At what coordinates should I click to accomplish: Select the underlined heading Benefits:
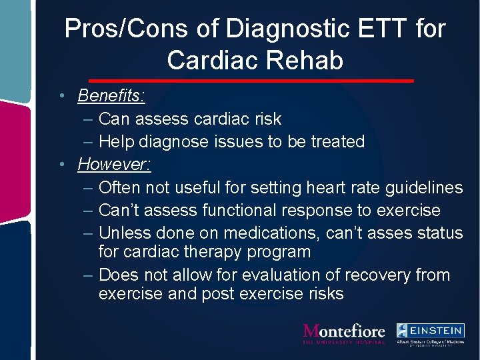coord(111,95)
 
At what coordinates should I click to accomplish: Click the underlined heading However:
coord(114,163)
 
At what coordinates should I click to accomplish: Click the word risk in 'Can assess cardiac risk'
coord(267,119)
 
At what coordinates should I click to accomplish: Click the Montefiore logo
coord(344,333)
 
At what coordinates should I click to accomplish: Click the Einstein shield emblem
coord(403,330)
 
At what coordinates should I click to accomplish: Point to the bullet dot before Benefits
coord(61,95)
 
